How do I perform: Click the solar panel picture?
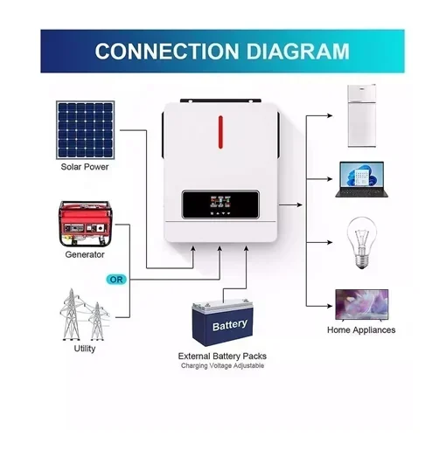pos(85,130)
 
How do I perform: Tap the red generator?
pos(85,224)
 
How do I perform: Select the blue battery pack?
pos(222,323)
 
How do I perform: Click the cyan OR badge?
pos(116,280)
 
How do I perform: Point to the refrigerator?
pos(362,115)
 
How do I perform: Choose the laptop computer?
pos(362,179)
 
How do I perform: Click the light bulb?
pos(362,243)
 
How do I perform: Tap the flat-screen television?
pos(362,305)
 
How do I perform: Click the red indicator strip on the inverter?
pos(220,132)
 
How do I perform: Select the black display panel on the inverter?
pos(220,204)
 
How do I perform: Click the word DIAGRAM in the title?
pos(298,52)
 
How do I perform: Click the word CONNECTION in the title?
pos(167,52)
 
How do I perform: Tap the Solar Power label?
pos(85,167)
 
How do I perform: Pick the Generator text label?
pos(85,254)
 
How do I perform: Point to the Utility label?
pos(85,349)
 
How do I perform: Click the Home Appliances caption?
pos(361,330)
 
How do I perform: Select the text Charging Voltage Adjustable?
pos(222,365)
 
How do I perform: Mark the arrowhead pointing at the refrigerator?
pos(330,115)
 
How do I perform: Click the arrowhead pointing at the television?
pos(330,306)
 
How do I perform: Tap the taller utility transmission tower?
pos(70,315)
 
